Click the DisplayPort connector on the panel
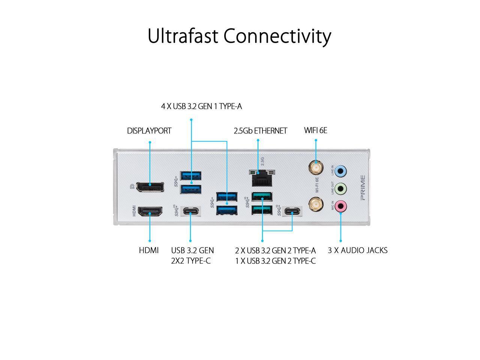tap(150, 187)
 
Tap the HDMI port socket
tap(150, 212)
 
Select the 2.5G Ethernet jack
tap(262, 179)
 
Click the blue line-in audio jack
tap(340, 171)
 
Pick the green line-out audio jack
tap(340, 188)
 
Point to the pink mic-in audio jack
tap(340, 205)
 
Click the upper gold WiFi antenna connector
tap(316, 166)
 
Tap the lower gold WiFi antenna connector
tap(316, 205)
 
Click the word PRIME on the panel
tap(362, 187)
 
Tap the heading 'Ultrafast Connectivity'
tap(239, 36)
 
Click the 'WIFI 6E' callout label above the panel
tap(315, 130)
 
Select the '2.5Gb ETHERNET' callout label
tap(260, 131)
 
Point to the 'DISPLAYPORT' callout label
tap(149, 131)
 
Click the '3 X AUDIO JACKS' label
tap(357, 250)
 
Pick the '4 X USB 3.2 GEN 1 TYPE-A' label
tap(201, 106)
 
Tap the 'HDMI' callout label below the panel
tap(149, 250)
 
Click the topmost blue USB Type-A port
tap(191, 175)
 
